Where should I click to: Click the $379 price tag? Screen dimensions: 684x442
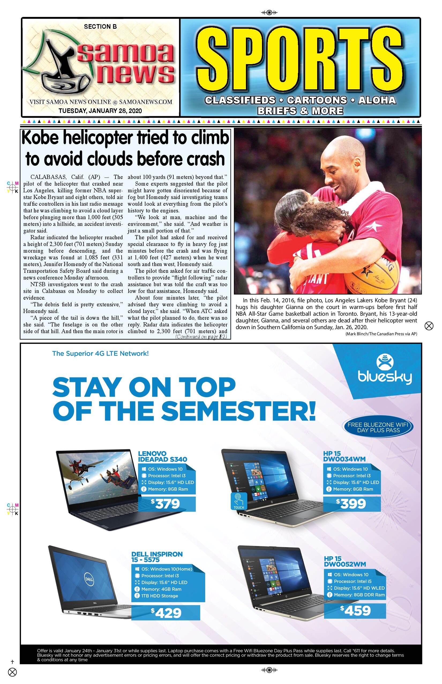(x=166, y=504)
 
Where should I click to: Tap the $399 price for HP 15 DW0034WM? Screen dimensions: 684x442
(x=352, y=504)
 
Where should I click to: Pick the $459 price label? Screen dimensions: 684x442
(x=355, y=611)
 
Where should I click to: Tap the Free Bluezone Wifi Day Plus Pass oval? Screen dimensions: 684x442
(x=378, y=427)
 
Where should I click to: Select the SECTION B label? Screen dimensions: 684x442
(x=100, y=27)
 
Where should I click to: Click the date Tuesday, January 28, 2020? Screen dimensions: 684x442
(x=100, y=111)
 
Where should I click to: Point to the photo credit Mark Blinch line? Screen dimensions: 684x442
(x=381, y=334)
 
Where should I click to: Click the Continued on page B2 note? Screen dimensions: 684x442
(x=201, y=337)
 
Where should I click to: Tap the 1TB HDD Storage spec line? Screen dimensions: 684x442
(x=160, y=596)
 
